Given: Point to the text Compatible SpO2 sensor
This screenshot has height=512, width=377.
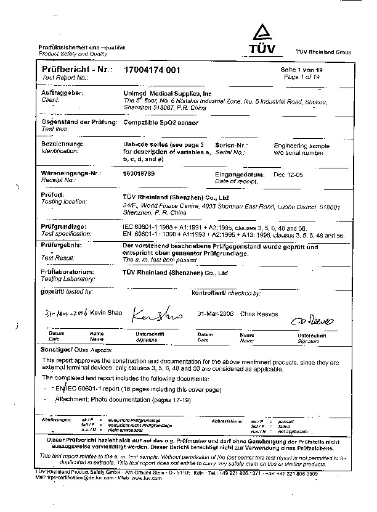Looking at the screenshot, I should tap(159, 123).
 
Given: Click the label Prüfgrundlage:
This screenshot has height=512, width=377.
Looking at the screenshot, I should tap(63, 226).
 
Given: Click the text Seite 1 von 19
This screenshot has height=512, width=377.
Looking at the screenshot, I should tap(302, 71).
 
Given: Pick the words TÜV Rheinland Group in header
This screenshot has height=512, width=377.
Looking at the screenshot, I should tap(323, 52).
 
